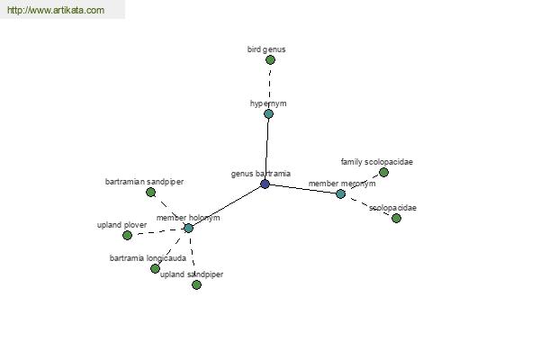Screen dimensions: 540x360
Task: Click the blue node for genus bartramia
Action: click(x=265, y=184)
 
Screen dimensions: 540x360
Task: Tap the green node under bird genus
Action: click(x=270, y=60)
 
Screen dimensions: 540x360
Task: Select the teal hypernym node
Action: click(x=268, y=113)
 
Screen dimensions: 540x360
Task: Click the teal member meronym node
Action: click(x=340, y=194)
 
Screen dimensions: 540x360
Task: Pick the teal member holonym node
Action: click(x=188, y=228)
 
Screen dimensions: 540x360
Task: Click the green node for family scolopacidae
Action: click(x=383, y=172)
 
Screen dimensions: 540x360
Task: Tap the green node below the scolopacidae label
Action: click(x=396, y=218)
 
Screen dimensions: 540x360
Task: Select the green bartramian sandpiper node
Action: click(x=150, y=193)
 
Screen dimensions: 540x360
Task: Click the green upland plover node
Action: click(x=127, y=235)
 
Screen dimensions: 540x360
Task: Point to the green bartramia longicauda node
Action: click(x=156, y=268)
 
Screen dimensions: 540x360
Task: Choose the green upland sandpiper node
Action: click(x=196, y=285)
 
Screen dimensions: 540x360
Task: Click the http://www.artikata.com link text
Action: click(x=56, y=10)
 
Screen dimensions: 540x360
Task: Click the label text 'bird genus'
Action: click(x=266, y=49)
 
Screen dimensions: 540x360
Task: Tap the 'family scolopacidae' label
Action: click(x=377, y=162)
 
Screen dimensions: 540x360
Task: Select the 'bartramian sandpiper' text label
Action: click(x=144, y=182)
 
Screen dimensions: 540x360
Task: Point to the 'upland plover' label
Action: click(x=121, y=225)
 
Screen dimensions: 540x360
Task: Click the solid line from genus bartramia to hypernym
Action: click(x=267, y=148)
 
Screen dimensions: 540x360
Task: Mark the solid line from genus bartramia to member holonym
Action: click(x=227, y=206)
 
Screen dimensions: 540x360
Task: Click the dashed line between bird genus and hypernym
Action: click(x=270, y=86)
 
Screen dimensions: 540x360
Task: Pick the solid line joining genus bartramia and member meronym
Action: click(x=302, y=189)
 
